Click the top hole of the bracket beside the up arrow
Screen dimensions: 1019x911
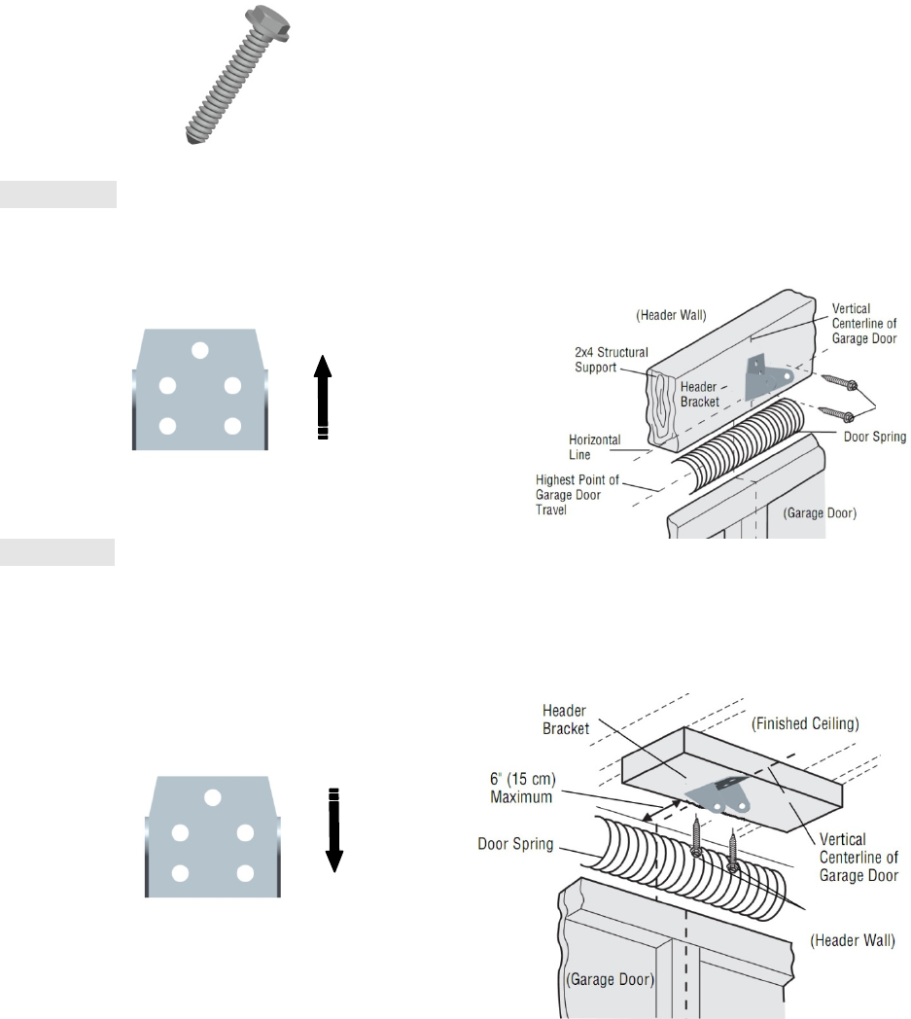point(200,350)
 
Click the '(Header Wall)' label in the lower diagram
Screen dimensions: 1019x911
point(852,941)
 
